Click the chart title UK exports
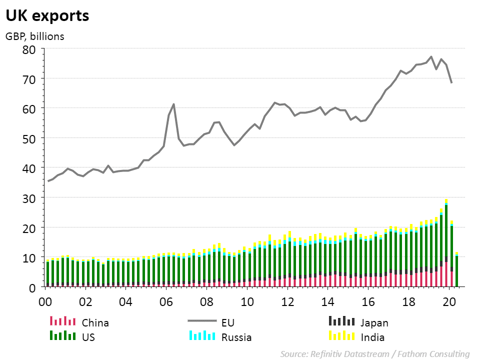(47, 15)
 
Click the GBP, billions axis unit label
(35, 36)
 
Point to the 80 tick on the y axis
(30, 49)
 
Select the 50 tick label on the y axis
(30, 138)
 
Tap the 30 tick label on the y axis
(30, 198)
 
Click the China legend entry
(95, 323)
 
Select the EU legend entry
(227, 323)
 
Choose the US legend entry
(88, 337)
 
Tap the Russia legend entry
(236, 337)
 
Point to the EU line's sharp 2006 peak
(173, 104)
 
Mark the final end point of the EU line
(451, 82)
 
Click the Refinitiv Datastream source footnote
(374, 354)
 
